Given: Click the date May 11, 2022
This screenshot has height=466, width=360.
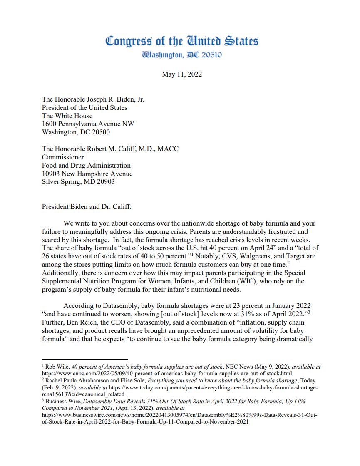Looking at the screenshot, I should tap(182, 74).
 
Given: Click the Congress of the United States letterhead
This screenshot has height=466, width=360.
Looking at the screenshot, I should tap(182, 41).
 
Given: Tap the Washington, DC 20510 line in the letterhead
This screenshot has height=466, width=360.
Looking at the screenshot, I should tap(182, 55).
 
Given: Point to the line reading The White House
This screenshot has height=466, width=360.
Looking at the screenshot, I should tap(67, 116).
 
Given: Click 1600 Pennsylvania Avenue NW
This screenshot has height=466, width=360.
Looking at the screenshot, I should tap(88, 124).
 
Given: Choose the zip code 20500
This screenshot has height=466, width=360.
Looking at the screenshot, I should tap(101, 132).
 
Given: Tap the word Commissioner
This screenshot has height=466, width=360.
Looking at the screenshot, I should tap(63, 157).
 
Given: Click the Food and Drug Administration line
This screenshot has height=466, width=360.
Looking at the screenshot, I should tap(86, 166).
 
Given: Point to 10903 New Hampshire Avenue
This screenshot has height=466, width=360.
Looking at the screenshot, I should tap(87, 174).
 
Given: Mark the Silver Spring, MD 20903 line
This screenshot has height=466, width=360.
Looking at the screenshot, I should tap(78, 182).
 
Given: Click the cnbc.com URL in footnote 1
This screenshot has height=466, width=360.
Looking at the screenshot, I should tap(167, 373).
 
